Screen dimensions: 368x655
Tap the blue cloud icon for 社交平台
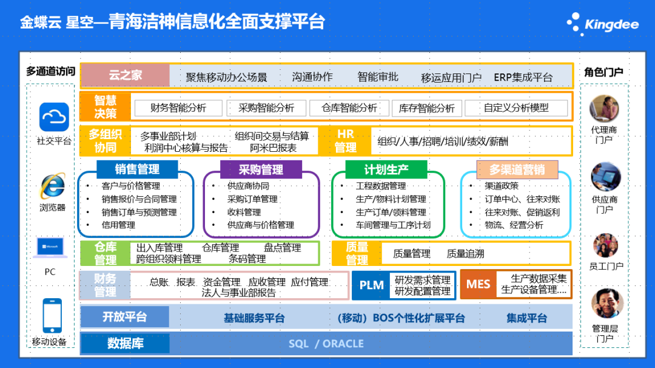point(54,117)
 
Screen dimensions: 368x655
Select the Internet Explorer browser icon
point(53,185)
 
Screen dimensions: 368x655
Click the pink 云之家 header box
point(125,75)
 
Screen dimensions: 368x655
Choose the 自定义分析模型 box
point(516,108)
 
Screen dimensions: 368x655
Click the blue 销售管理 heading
point(137,169)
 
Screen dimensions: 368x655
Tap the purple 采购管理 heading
point(261,169)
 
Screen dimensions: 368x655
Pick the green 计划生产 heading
point(386,169)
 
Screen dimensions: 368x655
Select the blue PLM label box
point(371,285)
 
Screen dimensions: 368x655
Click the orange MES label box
point(478,284)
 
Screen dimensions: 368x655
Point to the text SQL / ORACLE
point(326,344)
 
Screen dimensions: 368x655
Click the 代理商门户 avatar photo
point(604,109)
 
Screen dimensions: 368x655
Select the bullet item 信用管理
point(118,225)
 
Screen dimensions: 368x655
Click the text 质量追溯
point(465,254)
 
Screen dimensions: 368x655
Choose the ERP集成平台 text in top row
point(523,77)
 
